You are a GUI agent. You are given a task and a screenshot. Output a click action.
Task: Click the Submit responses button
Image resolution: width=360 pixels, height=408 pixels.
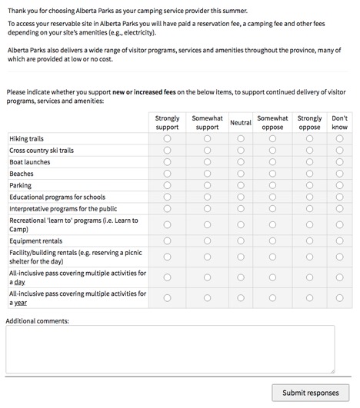click(x=310, y=393)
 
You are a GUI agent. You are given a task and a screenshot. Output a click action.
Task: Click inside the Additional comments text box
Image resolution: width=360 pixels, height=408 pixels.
click(x=170, y=349)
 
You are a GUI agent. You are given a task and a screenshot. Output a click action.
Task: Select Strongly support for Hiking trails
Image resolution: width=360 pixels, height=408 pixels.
click(x=167, y=139)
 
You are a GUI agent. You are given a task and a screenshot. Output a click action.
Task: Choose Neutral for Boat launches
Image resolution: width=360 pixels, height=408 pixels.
click(x=241, y=162)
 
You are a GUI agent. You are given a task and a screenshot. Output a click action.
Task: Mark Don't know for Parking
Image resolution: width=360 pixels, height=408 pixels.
click(x=339, y=185)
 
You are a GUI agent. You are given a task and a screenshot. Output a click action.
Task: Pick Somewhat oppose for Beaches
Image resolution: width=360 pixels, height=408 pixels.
click(x=272, y=174)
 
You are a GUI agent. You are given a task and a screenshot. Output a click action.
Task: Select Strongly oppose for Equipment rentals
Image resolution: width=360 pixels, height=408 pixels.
click(x=309, y=240)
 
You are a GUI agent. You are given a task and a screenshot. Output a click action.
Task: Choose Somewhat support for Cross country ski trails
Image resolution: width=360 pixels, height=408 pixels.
click(x=207, y=151)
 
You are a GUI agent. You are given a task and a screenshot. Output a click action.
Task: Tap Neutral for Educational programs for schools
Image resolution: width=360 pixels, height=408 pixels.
click(x=241, y=197)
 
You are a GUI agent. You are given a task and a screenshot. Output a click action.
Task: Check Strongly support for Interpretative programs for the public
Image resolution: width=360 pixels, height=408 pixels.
click(x=167, y=208)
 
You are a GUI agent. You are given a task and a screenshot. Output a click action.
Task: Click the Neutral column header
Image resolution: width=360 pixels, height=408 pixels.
click(x=241, y=123)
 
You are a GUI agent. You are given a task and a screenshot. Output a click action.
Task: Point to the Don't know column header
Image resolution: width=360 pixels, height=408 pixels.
click(x=339, y=123)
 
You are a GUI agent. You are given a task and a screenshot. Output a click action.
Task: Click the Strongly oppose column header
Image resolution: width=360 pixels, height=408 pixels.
click(x=309, y=123)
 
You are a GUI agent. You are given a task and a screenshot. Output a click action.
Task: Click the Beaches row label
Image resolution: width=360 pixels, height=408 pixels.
click(x=22, y=174)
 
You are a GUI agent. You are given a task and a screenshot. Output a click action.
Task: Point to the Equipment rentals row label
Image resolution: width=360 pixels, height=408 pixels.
click(x=36, y=240)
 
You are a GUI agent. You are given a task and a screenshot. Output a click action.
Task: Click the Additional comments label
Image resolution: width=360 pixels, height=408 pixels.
click(x=38, y=320)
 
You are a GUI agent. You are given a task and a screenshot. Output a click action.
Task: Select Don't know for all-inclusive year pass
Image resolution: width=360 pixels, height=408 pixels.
click(x=339, y=297)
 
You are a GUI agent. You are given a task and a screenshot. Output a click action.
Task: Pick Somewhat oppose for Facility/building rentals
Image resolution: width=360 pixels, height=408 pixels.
click(x=272, y=257)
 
